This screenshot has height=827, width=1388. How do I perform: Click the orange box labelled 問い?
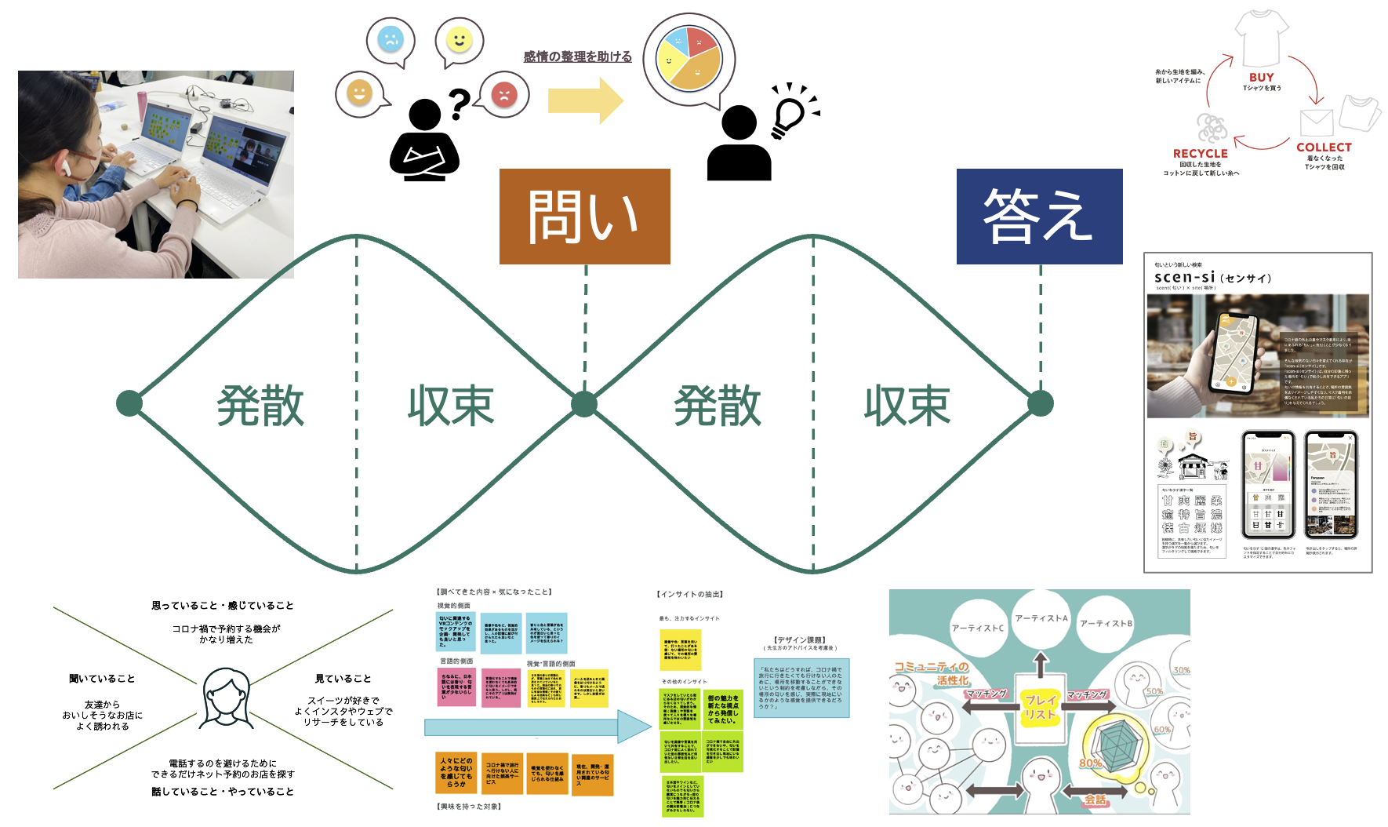tap(584, 217)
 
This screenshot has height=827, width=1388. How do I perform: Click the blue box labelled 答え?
tap(1039, 217)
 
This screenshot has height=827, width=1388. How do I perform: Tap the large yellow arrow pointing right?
tap(585, 100)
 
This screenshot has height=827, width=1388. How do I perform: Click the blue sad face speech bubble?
tap(390, 39)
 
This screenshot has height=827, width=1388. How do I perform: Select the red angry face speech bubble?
tap(503, 94)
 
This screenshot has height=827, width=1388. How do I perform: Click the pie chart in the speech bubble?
tap(689, 59)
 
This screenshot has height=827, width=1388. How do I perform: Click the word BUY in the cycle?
tap(1261, 77)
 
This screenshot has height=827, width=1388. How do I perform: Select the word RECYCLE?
tap(1200, 154)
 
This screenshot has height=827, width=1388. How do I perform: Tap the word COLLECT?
tap(1324, 148)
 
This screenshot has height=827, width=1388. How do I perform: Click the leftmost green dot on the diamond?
tap(129, 403)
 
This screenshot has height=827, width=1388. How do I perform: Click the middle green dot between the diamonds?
tap(583, 403)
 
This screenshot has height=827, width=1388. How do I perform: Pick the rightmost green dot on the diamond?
tap(1040, 403)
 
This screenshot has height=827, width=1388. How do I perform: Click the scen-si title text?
tap(1185, 277)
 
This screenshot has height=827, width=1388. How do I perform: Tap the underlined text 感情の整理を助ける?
tap(577, 56)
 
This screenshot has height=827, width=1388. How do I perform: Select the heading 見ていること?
tap(343, 679)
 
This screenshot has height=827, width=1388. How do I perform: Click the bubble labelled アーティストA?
tap(1041, 618)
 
